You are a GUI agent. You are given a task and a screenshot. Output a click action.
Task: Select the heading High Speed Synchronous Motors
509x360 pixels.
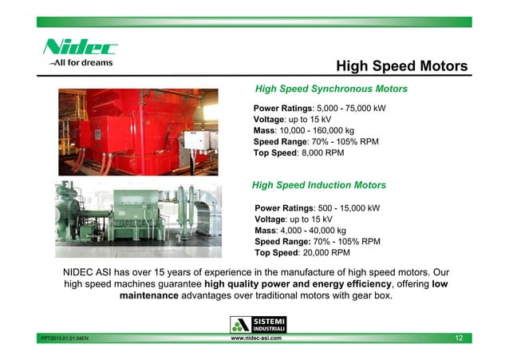(330, 89)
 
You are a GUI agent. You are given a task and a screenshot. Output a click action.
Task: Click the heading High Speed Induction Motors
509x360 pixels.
(319, 185)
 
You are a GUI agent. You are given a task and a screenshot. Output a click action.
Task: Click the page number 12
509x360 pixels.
(459, 338)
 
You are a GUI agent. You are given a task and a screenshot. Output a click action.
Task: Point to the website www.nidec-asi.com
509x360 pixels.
(255, 338)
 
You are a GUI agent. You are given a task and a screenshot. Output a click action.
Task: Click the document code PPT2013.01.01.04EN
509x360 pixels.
(65, 339)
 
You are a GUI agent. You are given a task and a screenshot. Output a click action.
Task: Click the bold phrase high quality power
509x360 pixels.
(251, 285)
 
